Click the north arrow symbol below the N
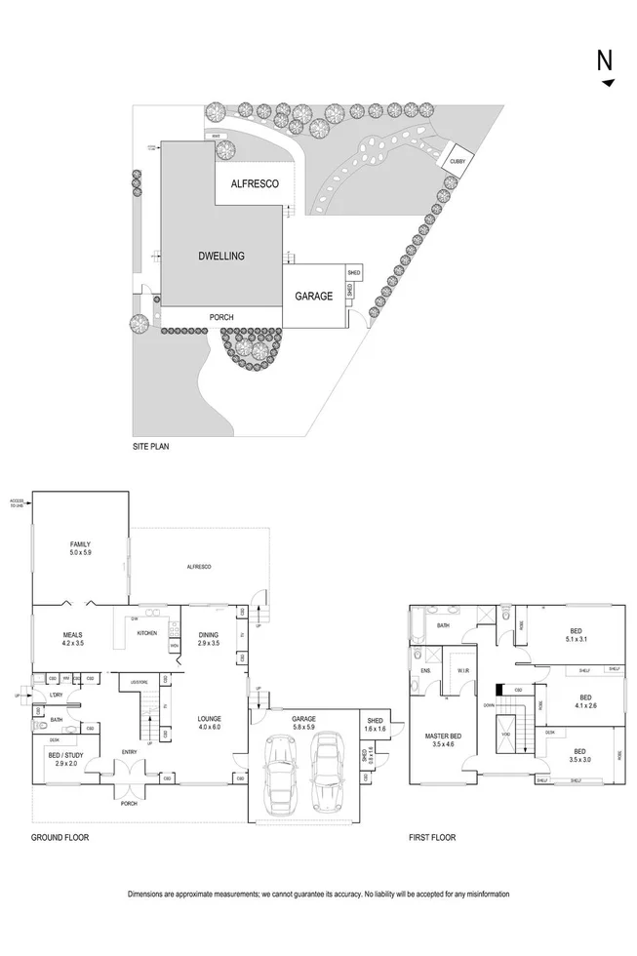pos(609,83)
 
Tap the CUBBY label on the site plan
pos(458,159)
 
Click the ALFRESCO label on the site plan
pos(255,183)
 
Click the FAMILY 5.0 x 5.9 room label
pos(80,549)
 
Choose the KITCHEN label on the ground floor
pos(146,633)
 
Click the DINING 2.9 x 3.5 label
pos(209,640)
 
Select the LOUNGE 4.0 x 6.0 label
pos(209,723)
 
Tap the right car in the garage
pos(324,766)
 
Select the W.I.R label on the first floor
pos(462,670)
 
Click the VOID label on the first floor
pos(505,734)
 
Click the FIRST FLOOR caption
pos(433,837)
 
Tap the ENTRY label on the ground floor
pos(130,751)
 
